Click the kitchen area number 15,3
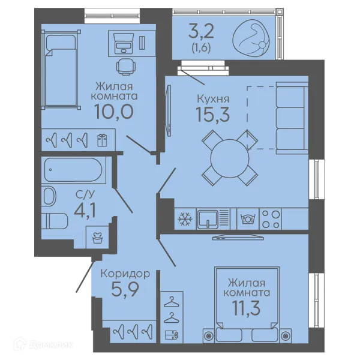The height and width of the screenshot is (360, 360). (212, 115)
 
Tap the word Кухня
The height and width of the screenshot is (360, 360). (213, 99)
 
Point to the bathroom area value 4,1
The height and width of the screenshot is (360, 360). (85, 211)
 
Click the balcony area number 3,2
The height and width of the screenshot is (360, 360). (201, 32)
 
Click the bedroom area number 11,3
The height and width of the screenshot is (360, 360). (247, 308)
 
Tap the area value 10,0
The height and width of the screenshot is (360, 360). (114, 112)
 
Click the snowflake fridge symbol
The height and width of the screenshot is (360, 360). (185, 219)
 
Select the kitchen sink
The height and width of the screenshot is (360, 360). (208, 219)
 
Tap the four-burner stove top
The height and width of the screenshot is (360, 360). (271, 219)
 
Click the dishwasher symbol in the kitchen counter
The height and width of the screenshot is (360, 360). (248, 219)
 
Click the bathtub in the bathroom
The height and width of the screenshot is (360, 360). (73, 170)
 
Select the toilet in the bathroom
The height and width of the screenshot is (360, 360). (55, 221)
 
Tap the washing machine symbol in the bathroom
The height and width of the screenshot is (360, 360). (97, 238)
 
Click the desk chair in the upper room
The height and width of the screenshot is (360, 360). (125, 67)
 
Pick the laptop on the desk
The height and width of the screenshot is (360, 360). (124, 43)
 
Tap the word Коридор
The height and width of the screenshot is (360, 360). (125, 274)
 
